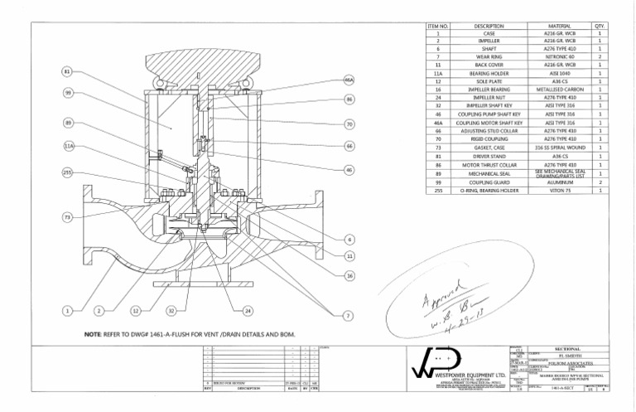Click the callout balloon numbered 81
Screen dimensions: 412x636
click(67, 72)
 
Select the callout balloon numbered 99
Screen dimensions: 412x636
click(67, 93)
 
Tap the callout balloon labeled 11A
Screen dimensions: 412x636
click(69, 147)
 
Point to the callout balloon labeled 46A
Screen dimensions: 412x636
click(349, 80)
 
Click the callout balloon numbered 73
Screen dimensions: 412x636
click(67, 217)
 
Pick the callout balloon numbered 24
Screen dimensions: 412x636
click(248, 311)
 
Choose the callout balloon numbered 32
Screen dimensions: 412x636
click(172, 311)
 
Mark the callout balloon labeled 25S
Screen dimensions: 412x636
click(67, 172)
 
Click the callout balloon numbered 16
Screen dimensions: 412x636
click(349, 275)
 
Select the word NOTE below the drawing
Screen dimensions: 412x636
click(94, 335)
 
